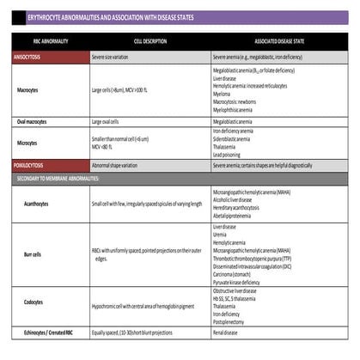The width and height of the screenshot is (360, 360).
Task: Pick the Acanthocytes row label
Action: tap(40, 204)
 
